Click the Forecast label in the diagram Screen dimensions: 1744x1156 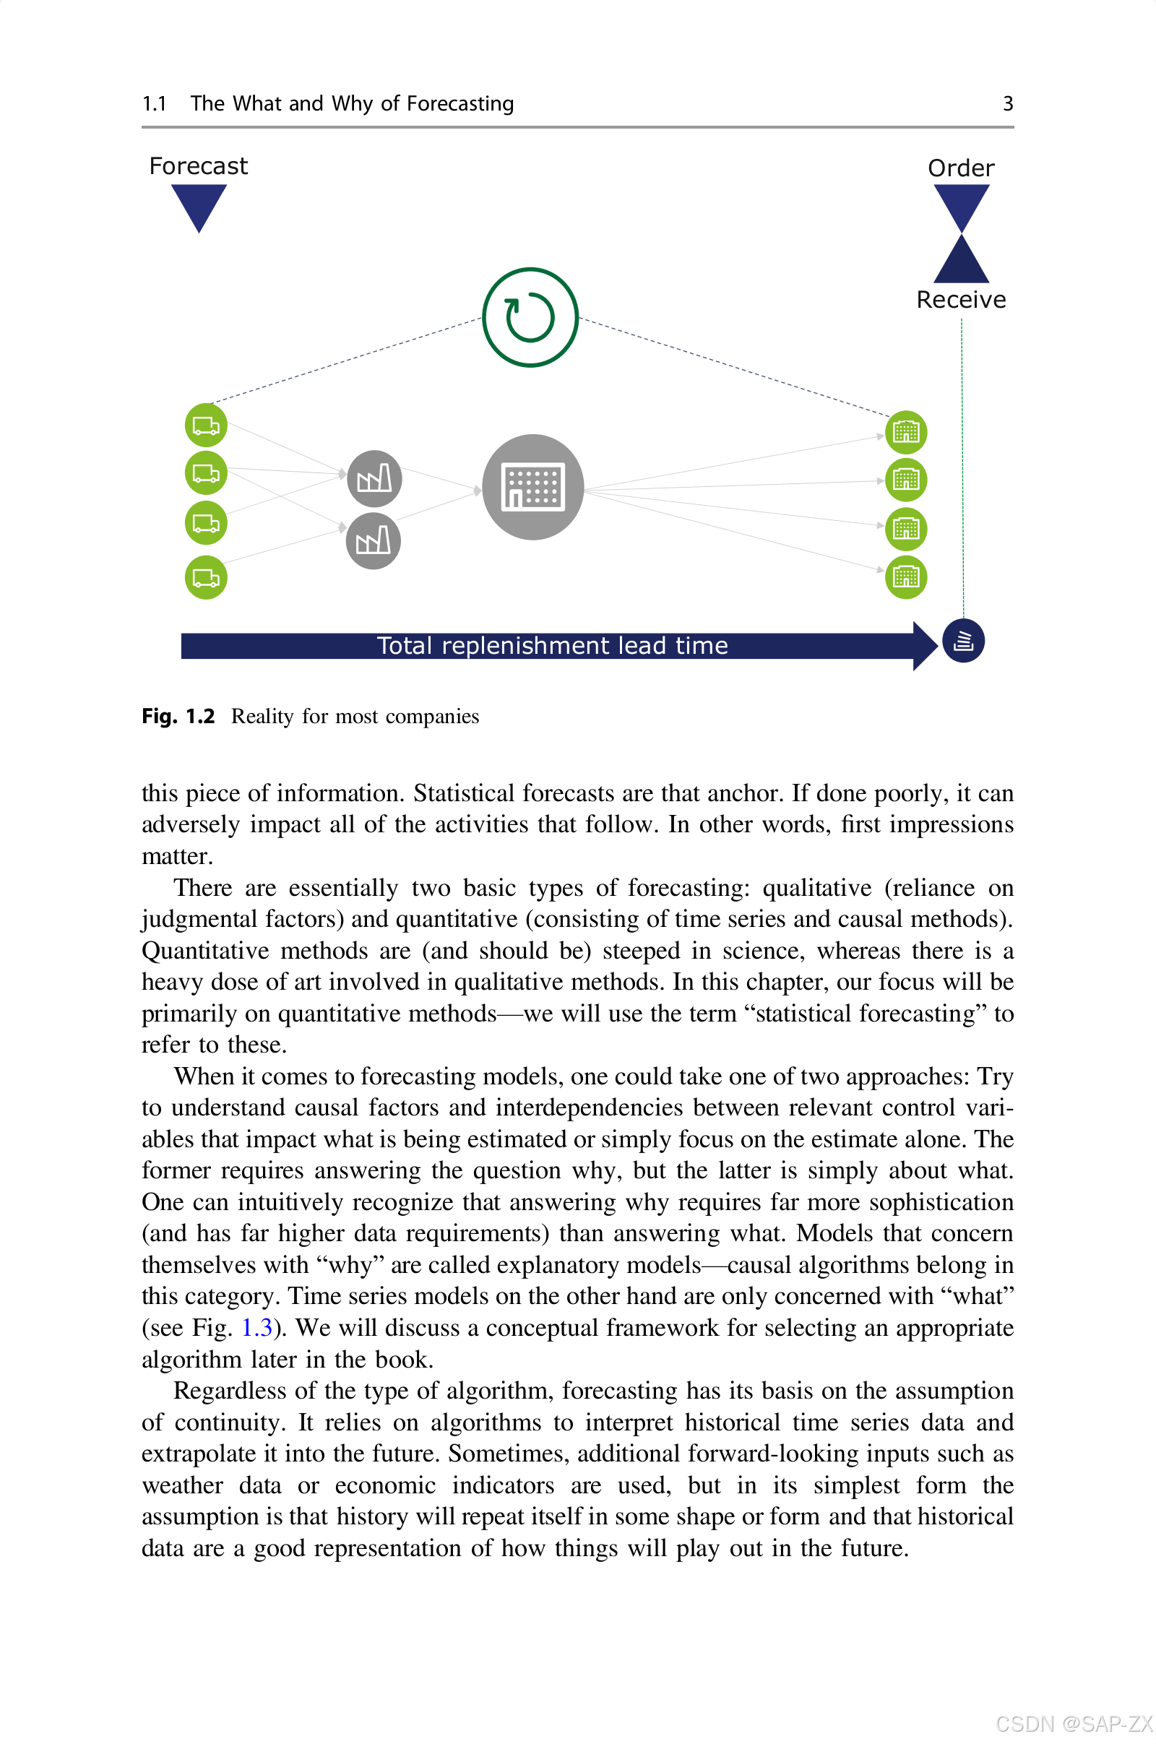tap(197, 166)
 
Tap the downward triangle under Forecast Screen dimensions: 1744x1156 tap(198, 204)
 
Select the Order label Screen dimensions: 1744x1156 tap(960, 168)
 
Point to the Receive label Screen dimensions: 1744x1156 tap(960, 299)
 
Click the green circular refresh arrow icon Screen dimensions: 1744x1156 tap(530, 317)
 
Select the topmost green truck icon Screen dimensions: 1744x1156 tap(206, 426)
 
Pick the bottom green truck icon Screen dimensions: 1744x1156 tap(206, 577)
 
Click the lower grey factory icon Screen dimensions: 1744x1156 tap(373, 541)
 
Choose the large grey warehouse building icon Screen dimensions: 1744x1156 tap(532, 487)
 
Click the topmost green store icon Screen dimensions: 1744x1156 tap(905, 432)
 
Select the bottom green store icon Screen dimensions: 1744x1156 tap(905, 577)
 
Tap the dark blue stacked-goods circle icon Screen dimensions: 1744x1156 tap(963, 641)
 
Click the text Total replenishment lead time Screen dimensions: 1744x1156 tap(552, 646)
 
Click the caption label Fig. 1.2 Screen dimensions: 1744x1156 tap(178, 716)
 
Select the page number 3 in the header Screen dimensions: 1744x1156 tap(1007, 103)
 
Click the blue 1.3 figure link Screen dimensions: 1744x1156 tap(256, 1328)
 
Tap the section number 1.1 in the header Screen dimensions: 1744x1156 tap(154, 103)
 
